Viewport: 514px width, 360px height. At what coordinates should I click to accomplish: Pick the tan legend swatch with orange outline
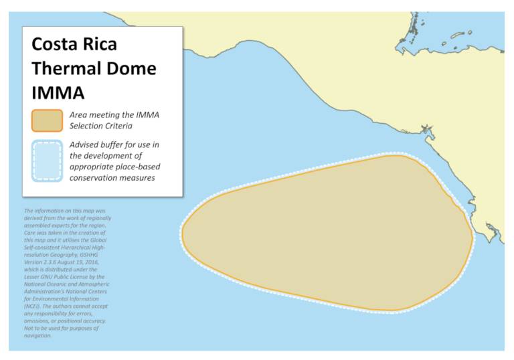[47, 121]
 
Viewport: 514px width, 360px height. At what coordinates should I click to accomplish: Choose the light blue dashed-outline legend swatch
[47, 161]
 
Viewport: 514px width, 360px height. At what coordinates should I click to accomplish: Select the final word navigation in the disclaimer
[38, 335]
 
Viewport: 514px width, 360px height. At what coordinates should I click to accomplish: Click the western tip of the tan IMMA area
[183, 233]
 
